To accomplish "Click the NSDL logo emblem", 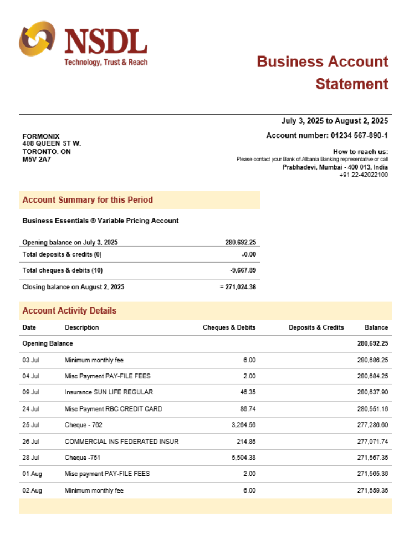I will [x=37, y=39].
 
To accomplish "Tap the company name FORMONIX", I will [x=41, y=136].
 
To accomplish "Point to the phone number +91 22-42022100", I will [x=364, y=175].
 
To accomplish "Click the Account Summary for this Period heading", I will [x=88, y=200].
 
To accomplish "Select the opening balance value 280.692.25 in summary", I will [x=241, y=242].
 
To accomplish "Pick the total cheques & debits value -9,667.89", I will [x=243, y=270].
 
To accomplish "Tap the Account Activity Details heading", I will [x=69, y=311].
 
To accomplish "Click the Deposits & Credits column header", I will [x=316, y=327].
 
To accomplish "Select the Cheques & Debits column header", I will [x=229, y=327].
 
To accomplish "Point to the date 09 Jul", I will [x=30, y=392].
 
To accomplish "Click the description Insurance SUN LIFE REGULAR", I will [x=109, y=392].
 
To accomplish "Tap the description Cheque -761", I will [x=83, y=458].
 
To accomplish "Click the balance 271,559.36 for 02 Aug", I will [x=372, y=490].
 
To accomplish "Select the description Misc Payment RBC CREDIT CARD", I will [x=113, y=409].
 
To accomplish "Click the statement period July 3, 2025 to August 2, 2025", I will [x=335, y=121].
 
